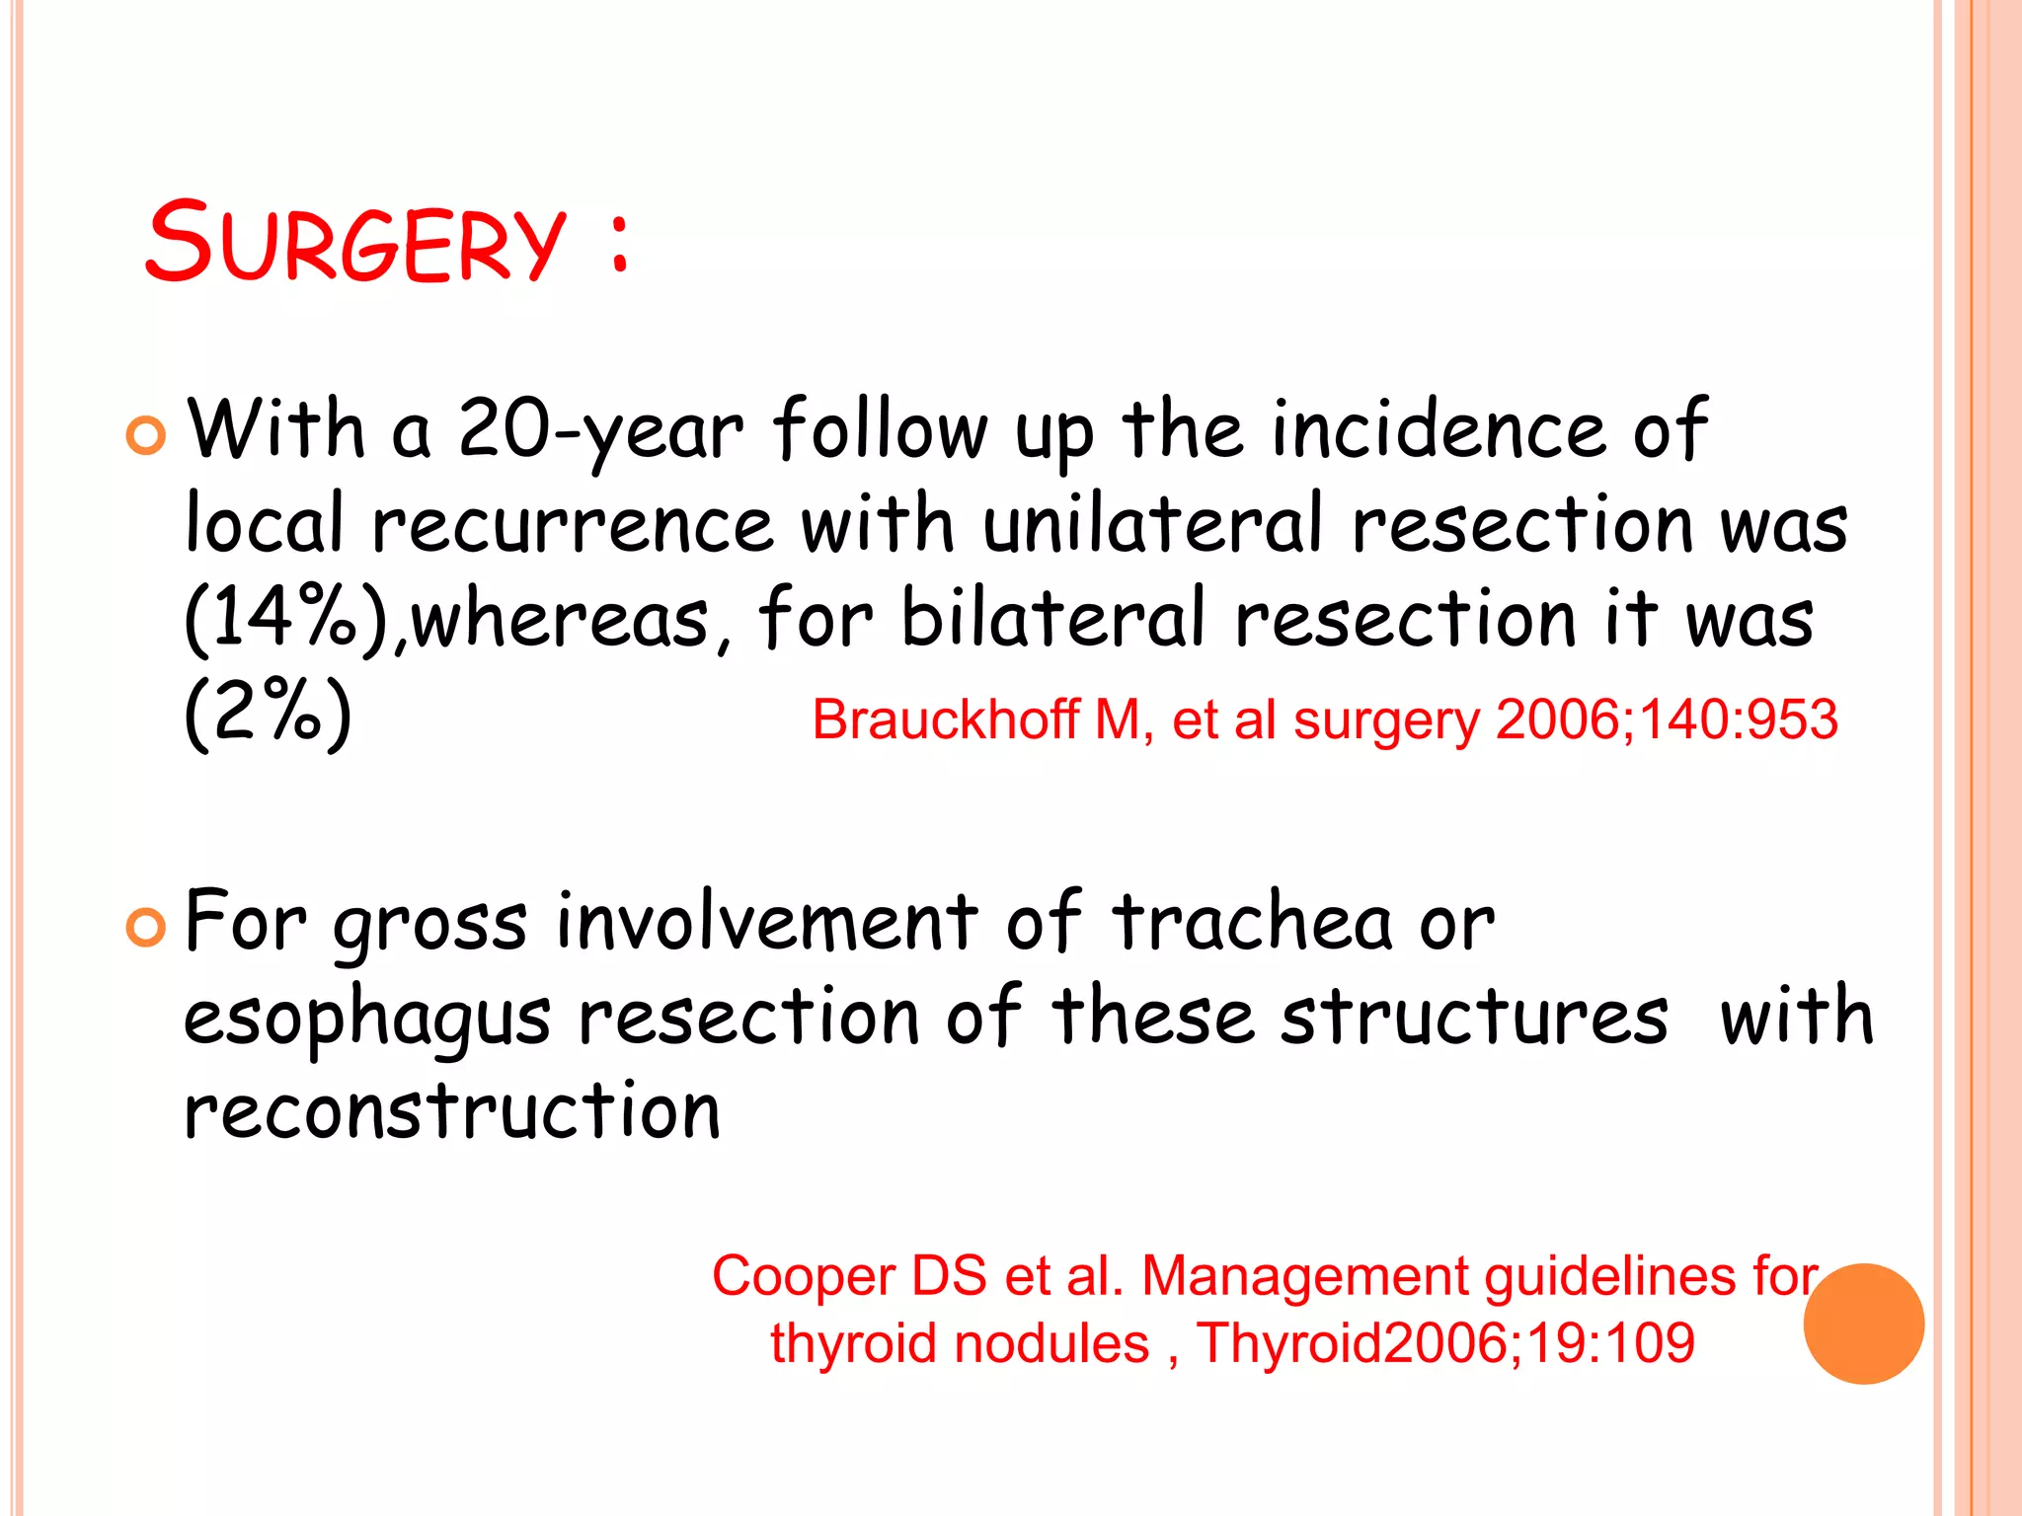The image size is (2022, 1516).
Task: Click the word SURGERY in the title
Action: tap(355, 242)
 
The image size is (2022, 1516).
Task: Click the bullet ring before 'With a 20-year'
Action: tap(146, 435)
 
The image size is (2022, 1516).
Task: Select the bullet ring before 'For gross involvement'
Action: tap(146, 927)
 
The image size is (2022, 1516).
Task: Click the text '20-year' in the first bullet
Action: tap(600, 431)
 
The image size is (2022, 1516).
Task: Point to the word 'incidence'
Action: tap(1439, 431)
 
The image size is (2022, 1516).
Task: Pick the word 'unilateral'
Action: tap(1151, 524)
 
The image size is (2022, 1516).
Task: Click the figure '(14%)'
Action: tap(286, 620)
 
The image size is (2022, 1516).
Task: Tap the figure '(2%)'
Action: tap(268, 713)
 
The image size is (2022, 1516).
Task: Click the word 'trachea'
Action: tap(1251, 923)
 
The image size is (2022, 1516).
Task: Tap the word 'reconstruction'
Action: tap(452, 1111)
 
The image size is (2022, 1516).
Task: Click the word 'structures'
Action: tap(1474, 1017)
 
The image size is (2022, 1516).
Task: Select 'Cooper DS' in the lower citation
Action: tap(849, 1275)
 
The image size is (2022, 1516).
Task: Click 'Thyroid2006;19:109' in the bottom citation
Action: tap(1445, 1343)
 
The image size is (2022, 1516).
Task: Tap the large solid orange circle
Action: tap(1863, 1324)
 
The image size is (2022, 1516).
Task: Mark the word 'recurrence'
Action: tap(573, 524)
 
